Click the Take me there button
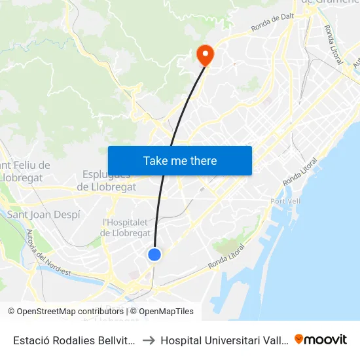[179, 161]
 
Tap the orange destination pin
[205, 54]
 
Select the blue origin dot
[154, 255]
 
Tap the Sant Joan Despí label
[43, 214]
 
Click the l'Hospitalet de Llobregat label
[126, 228]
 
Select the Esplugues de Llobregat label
[107, 181]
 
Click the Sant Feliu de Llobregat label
[26, 171]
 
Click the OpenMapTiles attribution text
[166, 312]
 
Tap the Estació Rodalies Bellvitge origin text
[75, 340]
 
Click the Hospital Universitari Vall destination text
[226, 340]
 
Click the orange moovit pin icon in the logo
[299, 339]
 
